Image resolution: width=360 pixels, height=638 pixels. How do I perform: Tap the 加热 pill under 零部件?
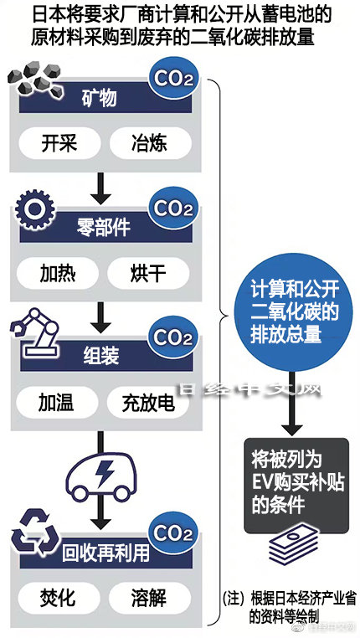pyautogui.click(x=58, y=273)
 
